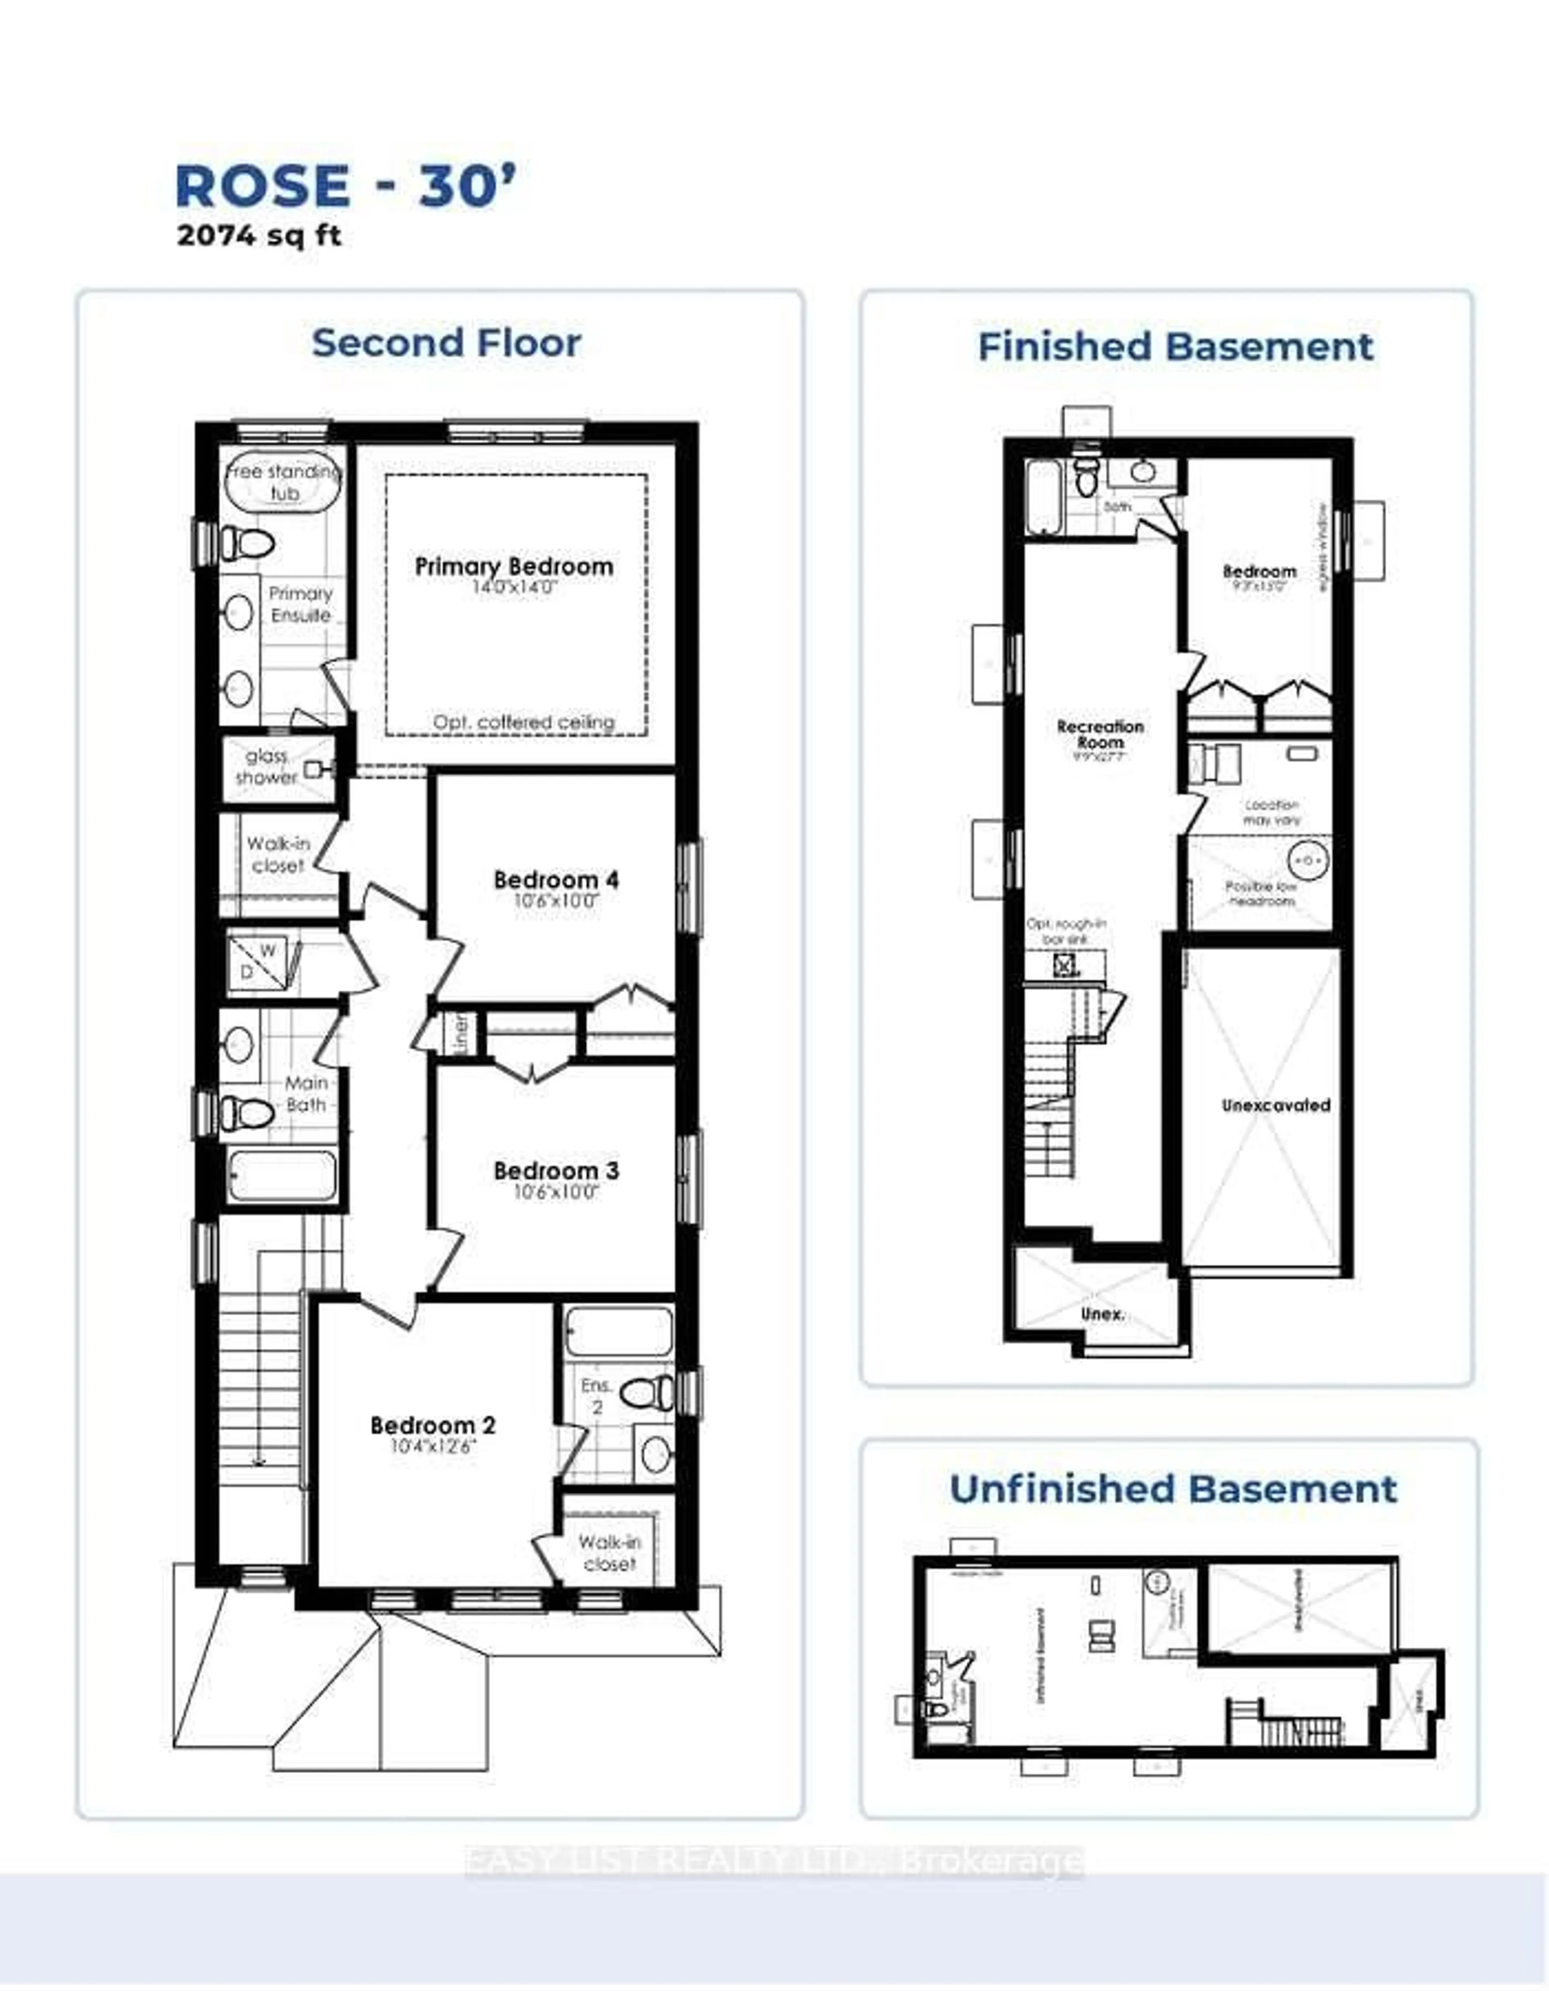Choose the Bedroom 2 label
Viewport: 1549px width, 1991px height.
[x=433, y=1425]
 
